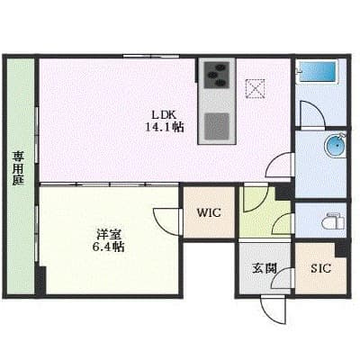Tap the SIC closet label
pyautogui.click(x=320, y=267)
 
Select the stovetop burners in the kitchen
pyautogui.click(x=218, y=76)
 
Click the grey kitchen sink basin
pyautogui.click(x=217, y=126)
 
